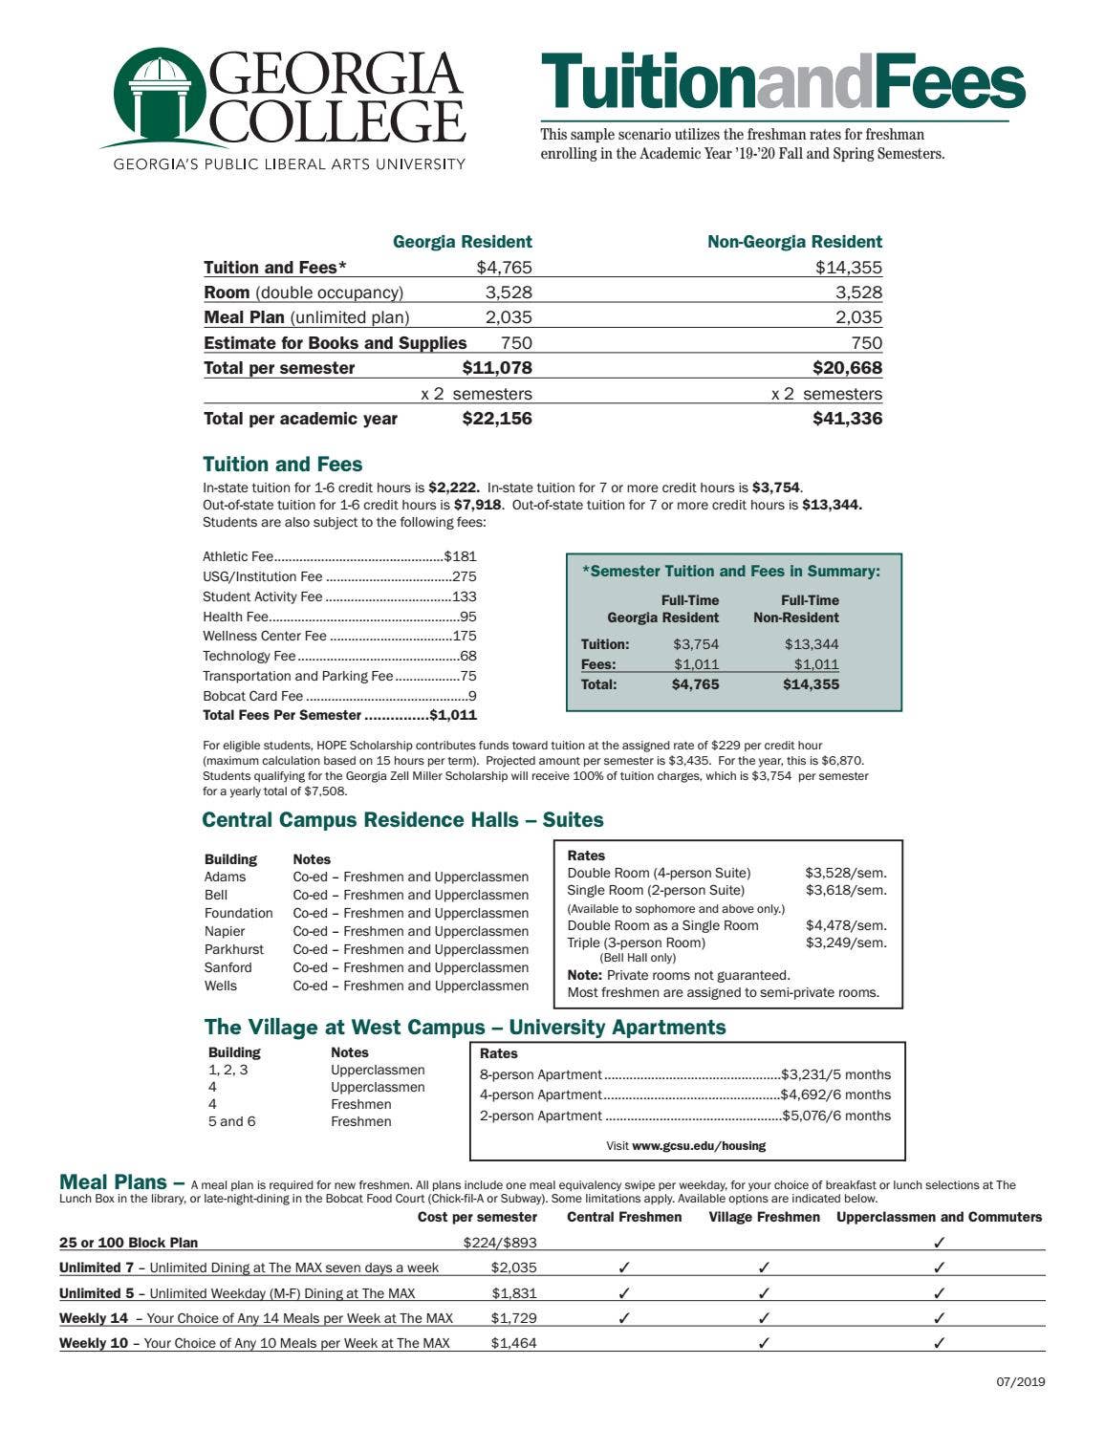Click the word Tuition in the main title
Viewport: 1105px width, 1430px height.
[648, 82]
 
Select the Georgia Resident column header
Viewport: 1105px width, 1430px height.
[462, 242]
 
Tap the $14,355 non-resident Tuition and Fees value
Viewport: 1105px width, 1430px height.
[848, 268]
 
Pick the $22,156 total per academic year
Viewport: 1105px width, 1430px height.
[496, 419]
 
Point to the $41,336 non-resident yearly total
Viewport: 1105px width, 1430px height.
[847, 419]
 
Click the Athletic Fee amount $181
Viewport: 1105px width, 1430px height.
[460, 556]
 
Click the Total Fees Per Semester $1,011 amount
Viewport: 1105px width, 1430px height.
[453, 715]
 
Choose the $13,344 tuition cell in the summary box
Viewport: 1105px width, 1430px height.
[811, 644]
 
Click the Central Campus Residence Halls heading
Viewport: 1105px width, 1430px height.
[402, 820]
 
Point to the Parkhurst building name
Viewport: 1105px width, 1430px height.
[234, 949]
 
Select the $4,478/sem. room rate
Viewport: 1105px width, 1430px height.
[845, 925]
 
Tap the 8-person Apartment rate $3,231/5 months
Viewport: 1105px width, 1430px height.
[835, 1074]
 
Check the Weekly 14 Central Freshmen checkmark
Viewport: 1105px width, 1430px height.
[624, 1318]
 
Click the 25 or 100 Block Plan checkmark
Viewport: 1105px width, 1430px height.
[939, 1243]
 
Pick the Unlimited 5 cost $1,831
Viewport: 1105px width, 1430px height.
[513, 1293]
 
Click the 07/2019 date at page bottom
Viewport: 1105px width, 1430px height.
[1019, 1381]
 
